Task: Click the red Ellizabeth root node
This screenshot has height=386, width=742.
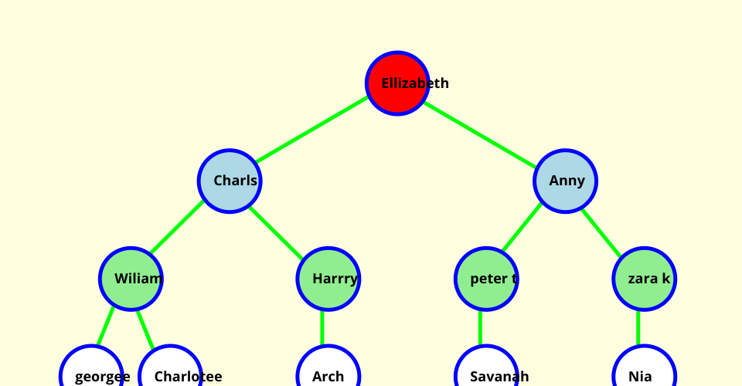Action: (x=397, y=83)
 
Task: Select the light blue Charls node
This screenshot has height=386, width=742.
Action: (x=230, y=181)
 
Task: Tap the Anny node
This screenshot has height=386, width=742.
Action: (x=565, y=181)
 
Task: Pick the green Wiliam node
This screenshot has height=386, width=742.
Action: (x=131, y=279)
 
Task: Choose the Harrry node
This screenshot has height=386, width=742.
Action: (x=328, y=279)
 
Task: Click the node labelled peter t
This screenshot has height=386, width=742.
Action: (x=486, y=279)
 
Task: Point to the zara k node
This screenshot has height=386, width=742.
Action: (x=645, y=279)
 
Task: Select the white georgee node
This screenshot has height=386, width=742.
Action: (x=91, y=375)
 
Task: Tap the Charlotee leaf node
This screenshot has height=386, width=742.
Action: (x=170, y=375)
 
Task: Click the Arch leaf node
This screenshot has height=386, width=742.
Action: (x=328, y=375)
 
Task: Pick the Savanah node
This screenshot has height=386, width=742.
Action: (x=486, y=375)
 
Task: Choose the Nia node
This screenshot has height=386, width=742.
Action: (x=645, y=375)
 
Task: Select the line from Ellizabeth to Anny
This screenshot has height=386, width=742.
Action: (x=481, y=132)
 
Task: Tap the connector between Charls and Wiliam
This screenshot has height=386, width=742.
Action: (x=178, y=228)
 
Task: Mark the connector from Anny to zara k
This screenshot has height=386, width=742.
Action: (x=601, y=232)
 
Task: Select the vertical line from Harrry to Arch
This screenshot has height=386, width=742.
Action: (x=322, y=327)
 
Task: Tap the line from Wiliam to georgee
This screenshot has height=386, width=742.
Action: (x=106, y=327)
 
